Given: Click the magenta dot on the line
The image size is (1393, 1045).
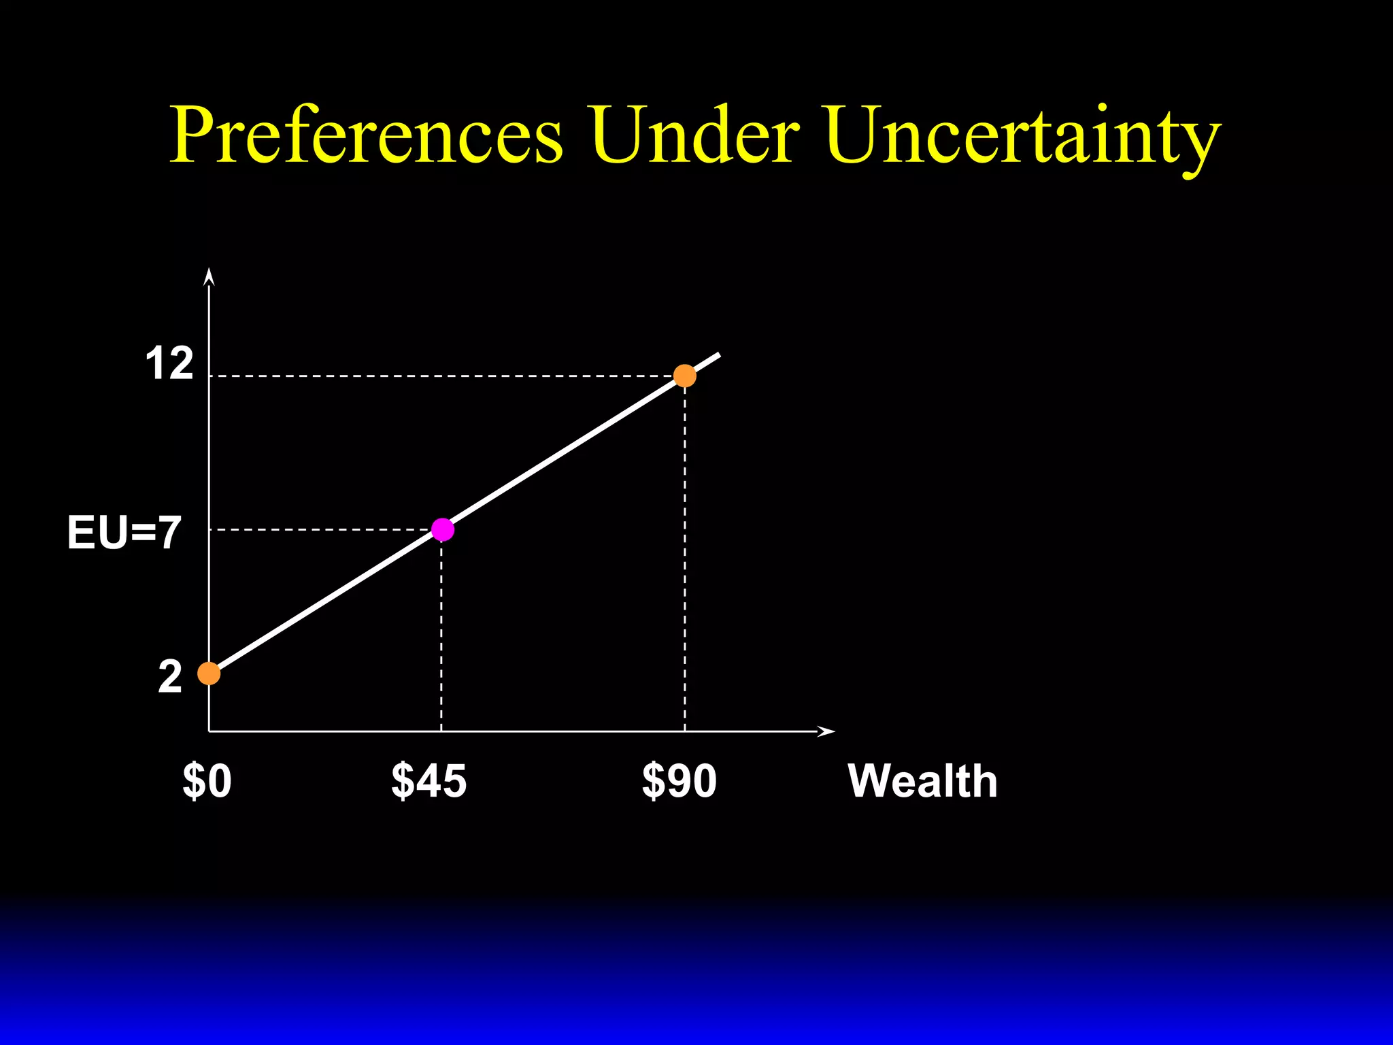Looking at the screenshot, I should [442, 529].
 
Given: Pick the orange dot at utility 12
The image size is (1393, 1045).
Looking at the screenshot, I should [684, 376].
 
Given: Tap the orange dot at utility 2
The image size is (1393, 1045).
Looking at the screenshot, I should [209, 674].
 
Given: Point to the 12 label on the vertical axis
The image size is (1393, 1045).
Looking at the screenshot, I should [169, 364].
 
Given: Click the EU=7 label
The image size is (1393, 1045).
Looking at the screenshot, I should [124, 533].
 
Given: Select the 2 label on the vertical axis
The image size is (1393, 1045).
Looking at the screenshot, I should [170, 677].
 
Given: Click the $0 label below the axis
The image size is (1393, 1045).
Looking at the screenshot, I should [207, 781].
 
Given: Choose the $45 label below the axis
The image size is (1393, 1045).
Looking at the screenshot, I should [429, 781].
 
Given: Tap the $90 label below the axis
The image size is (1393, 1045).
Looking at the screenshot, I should [679, 781].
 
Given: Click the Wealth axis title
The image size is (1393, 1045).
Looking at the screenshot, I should [922, 781].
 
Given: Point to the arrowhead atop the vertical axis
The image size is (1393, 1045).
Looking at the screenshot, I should [209, 276].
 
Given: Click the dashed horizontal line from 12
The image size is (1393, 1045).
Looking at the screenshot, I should [442, 376].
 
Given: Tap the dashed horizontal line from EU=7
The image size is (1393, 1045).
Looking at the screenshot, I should [320, 529].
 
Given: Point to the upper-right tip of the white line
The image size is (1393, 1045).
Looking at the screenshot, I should [718, 354].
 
